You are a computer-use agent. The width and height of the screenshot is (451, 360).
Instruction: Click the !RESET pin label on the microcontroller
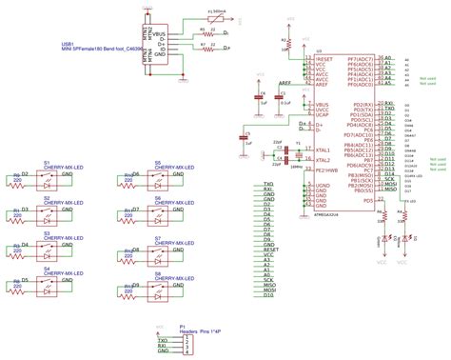324,59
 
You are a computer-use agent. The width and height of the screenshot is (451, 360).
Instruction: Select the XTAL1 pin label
324,150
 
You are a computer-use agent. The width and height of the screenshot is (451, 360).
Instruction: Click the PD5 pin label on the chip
369,201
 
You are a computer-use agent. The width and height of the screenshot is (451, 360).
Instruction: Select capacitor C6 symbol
259,94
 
